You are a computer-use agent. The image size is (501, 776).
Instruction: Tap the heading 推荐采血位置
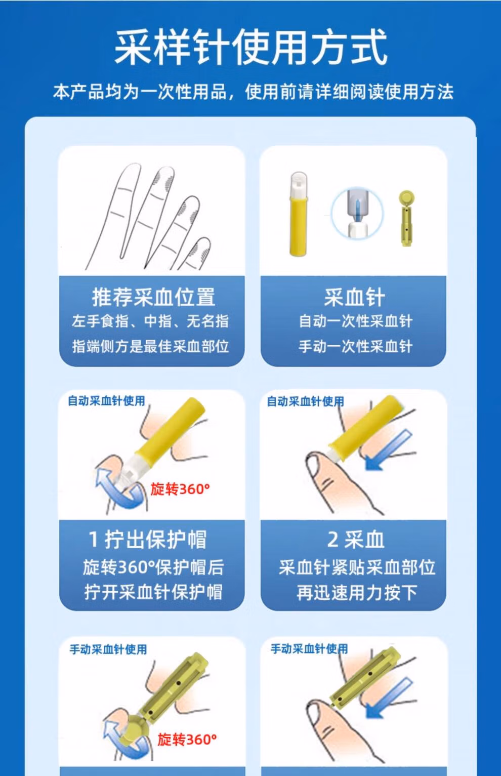click(153, 297)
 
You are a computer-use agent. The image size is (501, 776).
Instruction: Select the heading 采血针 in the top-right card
click(354, 297)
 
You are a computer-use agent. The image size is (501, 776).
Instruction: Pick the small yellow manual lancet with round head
click(406, 218)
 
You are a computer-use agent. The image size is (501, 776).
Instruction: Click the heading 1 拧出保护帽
click(148, 540)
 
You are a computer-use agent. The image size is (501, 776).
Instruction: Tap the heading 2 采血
click(355, 540)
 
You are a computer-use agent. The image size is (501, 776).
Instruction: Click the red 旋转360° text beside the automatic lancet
click(180, 489)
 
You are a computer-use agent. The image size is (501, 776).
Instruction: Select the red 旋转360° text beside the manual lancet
click(187, 740)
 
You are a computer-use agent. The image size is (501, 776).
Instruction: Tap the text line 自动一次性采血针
click(355, 321)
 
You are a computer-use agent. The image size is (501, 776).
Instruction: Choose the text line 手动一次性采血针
click(355, 346)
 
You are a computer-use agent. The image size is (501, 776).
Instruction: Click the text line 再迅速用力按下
click(357, 592)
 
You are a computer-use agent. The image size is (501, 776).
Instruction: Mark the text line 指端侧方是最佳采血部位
click(150, 346)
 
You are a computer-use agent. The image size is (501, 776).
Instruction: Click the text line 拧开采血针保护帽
click(153, 592)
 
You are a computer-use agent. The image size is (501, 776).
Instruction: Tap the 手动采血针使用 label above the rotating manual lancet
click(108, 649)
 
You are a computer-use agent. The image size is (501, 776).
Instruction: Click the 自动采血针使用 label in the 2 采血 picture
click(305, 401)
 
